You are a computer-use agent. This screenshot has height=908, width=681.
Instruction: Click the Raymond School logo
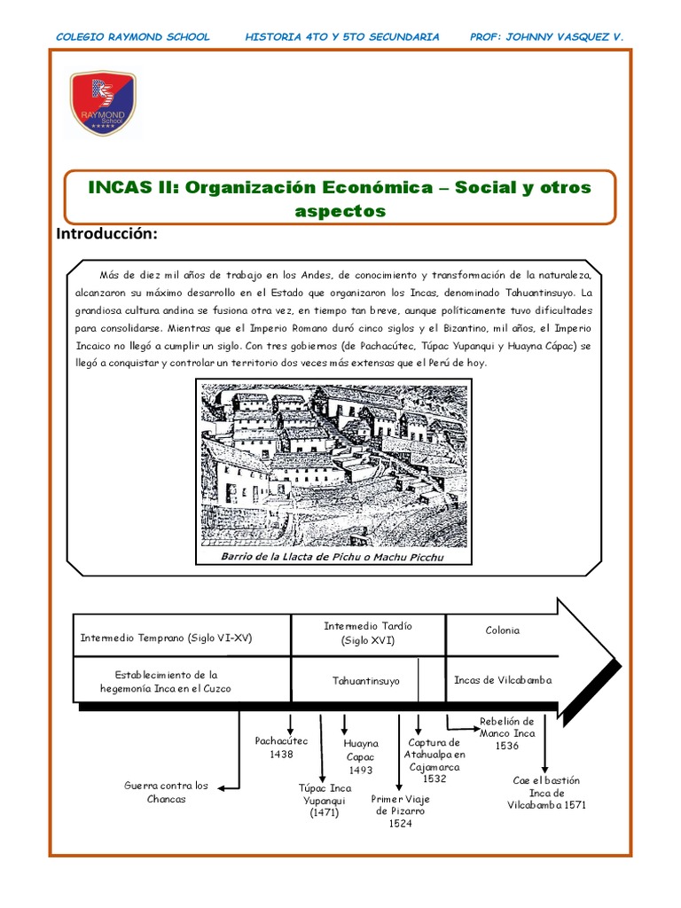pyautogui.click(x=103, y=103)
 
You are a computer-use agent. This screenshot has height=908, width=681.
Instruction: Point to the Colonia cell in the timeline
pyautogui.click(x=502, y=630)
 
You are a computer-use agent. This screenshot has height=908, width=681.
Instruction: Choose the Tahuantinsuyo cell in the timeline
pyautogui.click(x=365, y=681)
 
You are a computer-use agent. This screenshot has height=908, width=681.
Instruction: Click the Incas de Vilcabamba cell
pyautogui.click(x=502, y=680)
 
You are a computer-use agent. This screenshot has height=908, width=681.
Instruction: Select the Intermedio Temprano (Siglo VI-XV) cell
pyautogui.click(x=166, y=637)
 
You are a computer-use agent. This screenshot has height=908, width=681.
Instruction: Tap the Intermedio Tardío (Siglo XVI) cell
pyautogui.click(x=368, y=632)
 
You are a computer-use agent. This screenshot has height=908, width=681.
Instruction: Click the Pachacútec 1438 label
pyautogui.click(x=281, y=747)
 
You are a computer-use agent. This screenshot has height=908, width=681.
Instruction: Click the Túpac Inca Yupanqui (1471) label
pyautogui.click(x=325, y=800)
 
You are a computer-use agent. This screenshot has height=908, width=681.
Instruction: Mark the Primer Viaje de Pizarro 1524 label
pyautogui.click(x=399, y=810)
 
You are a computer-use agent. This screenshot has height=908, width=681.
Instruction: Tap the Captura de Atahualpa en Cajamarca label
pyautogui.click(x=434, y=760)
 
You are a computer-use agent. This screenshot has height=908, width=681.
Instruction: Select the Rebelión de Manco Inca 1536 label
pyautogui.click(x=506, y=733)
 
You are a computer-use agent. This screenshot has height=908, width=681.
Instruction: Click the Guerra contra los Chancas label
pyautogui.click(x=166, y=792)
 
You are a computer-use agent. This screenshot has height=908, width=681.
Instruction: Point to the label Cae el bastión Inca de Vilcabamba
pyautogui.click(x=546, y=793)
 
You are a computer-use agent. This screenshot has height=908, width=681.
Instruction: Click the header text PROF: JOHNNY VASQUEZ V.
pyautogui.click(x=546, y=37)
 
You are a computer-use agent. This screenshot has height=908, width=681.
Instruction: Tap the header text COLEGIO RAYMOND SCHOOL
pyautogui.click(x=133, y=37)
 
